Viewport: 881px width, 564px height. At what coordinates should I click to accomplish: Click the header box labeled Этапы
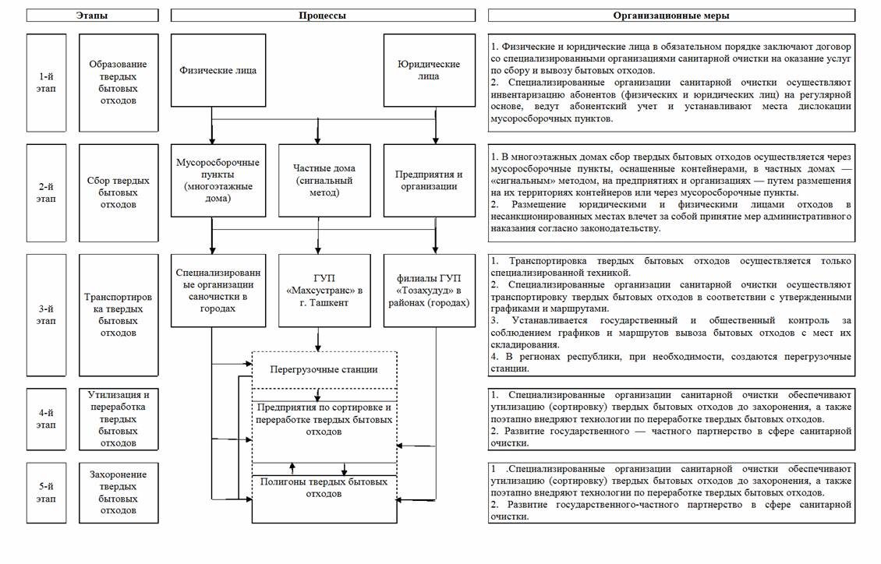tap(92, 16)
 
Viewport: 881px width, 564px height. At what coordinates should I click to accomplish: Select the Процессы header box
tap(322, 16)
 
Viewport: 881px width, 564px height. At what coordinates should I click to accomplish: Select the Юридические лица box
tap(428, 70)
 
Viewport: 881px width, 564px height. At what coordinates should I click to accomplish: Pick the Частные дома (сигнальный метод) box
tap(323, 180)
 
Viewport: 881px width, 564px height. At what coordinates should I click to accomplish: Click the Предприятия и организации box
tap(428, 180)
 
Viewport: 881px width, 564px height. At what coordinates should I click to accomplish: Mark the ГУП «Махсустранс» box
tap(323, 290)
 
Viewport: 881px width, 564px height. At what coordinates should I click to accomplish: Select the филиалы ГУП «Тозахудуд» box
tap(428, 290)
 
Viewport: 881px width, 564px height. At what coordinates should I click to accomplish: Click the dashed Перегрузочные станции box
tap(324, 368)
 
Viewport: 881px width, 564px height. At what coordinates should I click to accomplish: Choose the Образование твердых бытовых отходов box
tap(119, 82)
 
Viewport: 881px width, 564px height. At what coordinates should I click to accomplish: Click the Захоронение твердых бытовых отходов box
tap(119, 494)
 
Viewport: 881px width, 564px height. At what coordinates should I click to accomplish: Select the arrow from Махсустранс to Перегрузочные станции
tap(318, 340)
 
